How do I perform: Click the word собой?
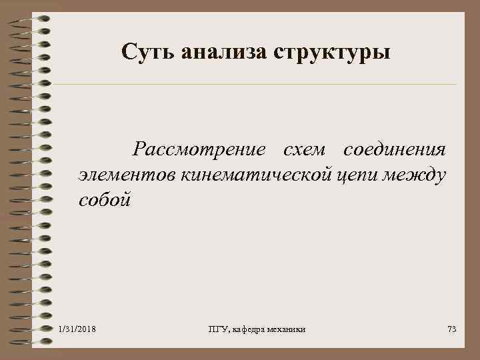pyautogui.click(x=105, y=200)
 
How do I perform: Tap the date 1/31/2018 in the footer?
pyautogui.click(x=77, y=329)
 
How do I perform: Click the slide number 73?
pyautogui.click(x=451, y=329)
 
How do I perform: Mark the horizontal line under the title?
pyautogui.click(x=253, y=85)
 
